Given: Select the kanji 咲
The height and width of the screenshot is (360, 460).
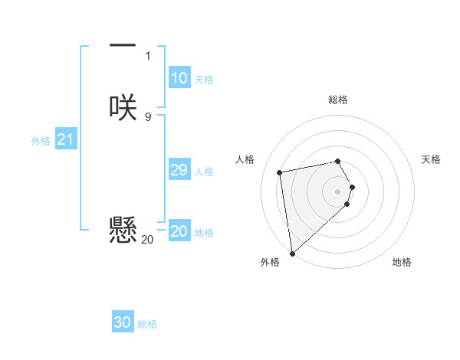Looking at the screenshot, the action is (123, 107).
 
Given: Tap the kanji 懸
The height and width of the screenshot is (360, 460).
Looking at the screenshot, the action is (123, 229).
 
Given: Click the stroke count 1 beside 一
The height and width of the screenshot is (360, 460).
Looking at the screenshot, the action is (147, 55).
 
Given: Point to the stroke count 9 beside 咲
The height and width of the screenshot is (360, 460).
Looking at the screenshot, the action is (147, 116).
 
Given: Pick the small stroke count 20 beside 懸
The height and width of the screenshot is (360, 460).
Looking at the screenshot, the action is (147, 240).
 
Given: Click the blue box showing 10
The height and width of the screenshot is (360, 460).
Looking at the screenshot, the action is (179, 78).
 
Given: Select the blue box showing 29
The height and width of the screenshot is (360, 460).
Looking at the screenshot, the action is (179, 170).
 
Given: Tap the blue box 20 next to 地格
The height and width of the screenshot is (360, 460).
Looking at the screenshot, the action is (179, 231).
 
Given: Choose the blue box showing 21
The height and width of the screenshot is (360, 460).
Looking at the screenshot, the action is (65, 139).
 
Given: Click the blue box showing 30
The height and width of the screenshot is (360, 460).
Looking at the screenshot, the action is (123, 322).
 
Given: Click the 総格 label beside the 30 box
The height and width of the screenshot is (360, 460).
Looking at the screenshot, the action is (147, 324).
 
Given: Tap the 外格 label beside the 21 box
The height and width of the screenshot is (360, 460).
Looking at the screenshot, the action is (41, 141).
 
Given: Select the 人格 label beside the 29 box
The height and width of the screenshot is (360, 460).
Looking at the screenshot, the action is (205, 172).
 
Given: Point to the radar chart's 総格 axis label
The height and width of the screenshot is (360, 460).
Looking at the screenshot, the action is (338, 100).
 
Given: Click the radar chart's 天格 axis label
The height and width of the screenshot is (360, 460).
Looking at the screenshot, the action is (431, 159).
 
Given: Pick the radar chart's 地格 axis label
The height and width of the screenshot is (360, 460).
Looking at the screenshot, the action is (402, 262).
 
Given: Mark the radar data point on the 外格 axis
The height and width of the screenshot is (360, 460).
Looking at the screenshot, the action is (292, 253).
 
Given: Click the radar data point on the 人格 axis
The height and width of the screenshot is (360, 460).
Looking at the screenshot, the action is (280, 172).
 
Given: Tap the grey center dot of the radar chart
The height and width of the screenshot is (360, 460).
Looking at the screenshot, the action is (338, 191).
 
